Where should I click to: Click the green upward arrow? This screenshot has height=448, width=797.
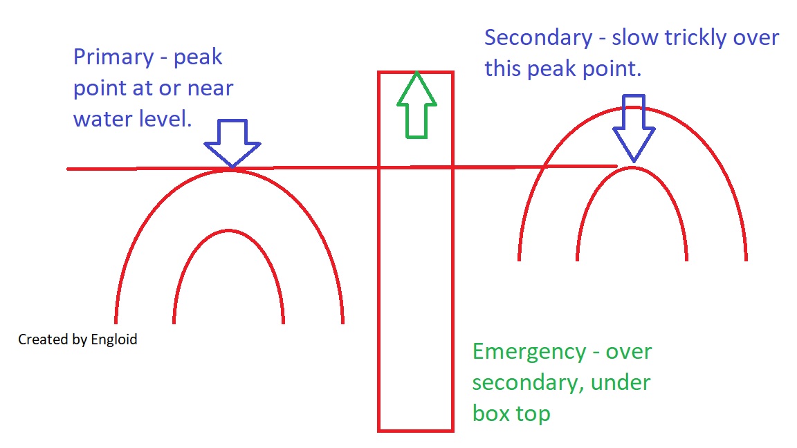point(416,105)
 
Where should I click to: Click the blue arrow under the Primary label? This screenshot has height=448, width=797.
point(232,143)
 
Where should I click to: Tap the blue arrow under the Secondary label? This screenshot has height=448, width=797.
point(634,128)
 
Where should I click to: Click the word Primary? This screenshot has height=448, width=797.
point(113,57)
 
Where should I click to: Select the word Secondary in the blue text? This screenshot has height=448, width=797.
point(538,38)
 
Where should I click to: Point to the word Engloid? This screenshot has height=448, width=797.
point(114,340)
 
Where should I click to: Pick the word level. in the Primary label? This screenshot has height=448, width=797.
point(166,118)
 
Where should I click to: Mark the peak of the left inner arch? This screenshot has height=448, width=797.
point(229,231)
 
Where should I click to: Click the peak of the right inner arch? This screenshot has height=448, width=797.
point(632,168)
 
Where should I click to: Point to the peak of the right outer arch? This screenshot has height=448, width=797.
point(632,108)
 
